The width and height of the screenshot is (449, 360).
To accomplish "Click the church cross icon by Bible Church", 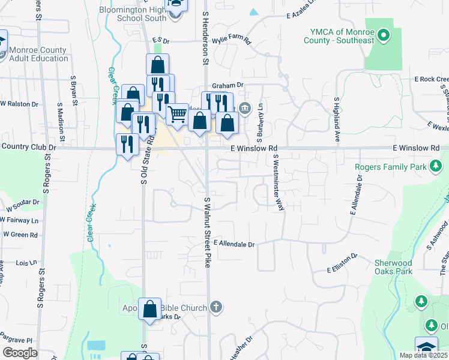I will click(216, 307).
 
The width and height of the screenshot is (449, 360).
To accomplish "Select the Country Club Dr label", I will click(29, 146).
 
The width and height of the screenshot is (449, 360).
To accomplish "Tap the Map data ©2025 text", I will click(423, 355).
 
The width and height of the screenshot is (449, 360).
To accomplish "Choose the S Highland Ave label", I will click(337, 120).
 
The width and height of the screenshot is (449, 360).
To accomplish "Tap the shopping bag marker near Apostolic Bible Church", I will click(149, 309).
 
